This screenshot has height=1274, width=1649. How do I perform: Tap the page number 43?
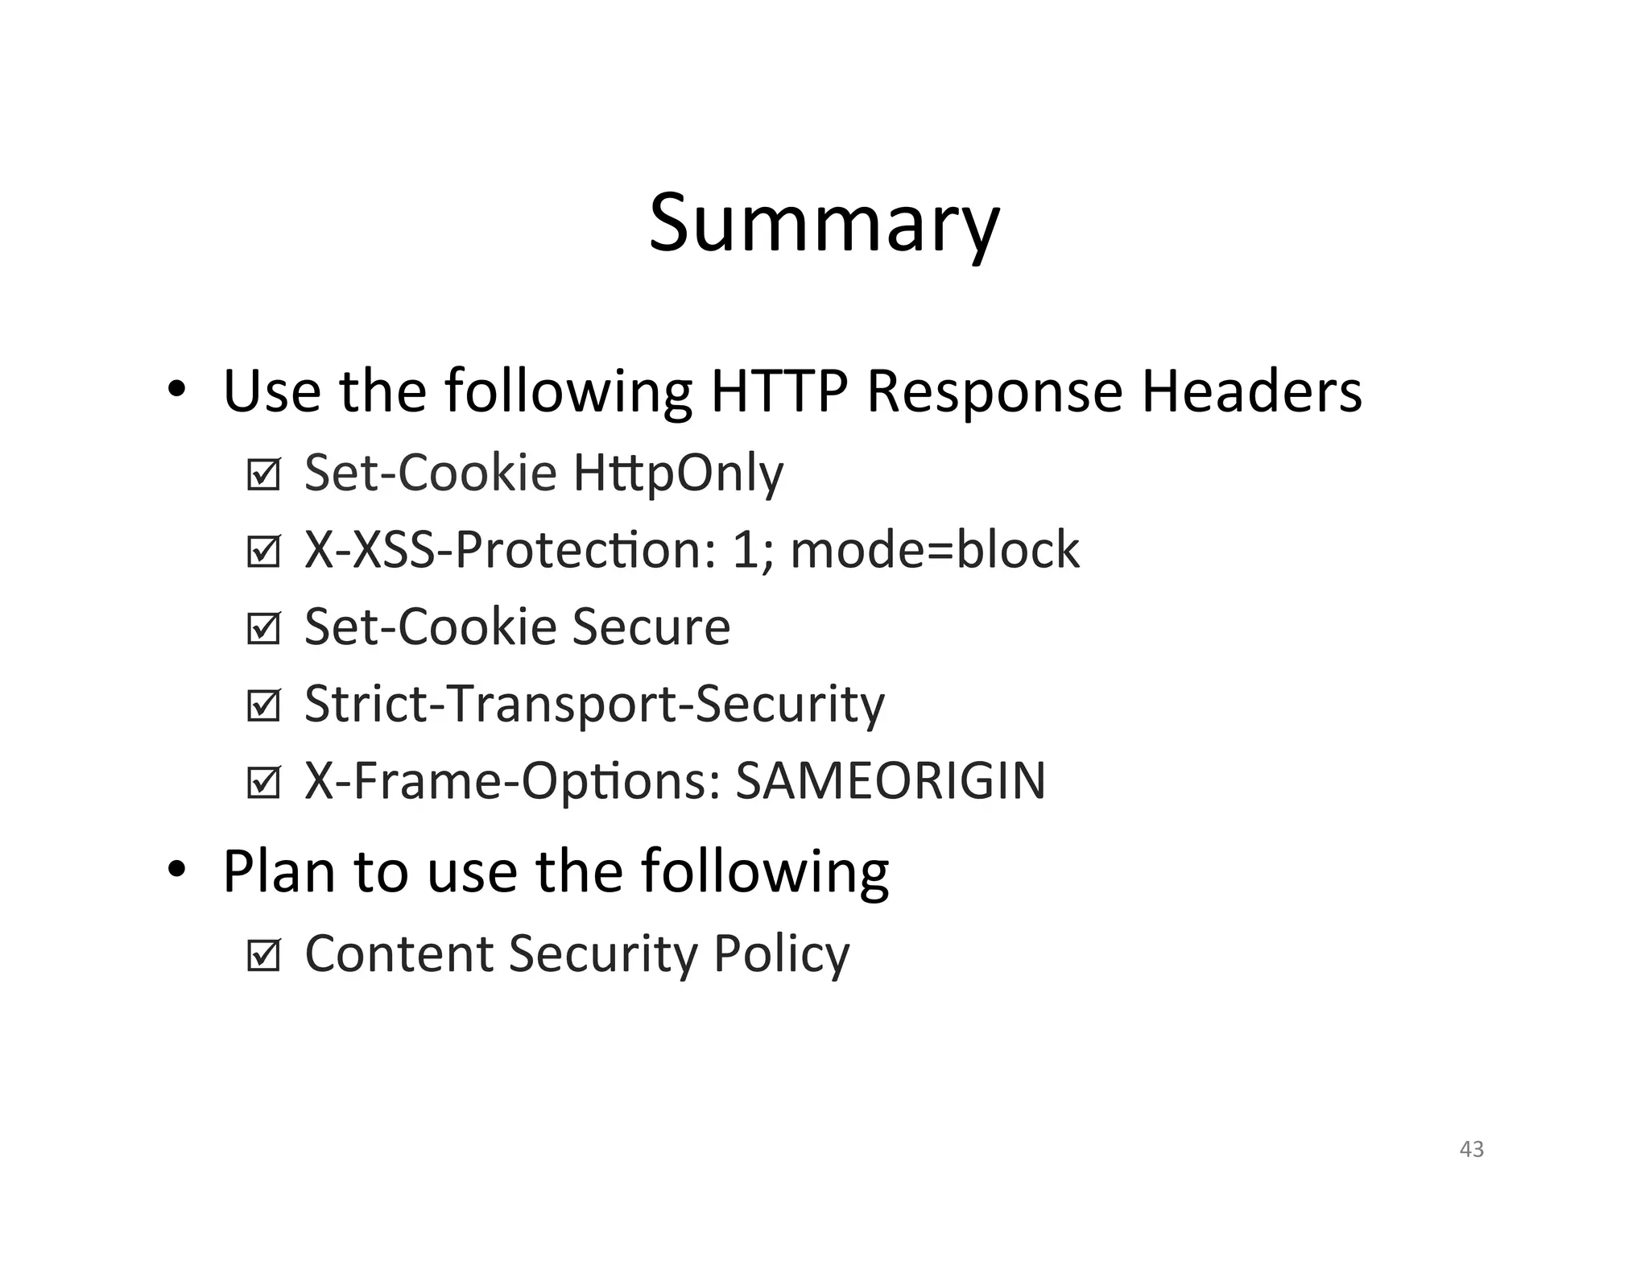(1471, 1149)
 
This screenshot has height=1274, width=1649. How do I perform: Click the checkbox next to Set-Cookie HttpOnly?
(263, 475)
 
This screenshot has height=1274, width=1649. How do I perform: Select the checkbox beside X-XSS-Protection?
(263, 552)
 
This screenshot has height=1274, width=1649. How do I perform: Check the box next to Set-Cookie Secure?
(263, 629)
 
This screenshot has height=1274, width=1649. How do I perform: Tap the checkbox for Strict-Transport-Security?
(263, 706)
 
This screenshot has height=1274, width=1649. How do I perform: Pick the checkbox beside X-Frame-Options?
(263, 783)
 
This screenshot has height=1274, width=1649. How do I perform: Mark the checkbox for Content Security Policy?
(263, 956)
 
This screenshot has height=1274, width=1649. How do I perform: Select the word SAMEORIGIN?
(891, 780)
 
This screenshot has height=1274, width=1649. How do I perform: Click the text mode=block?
(935, 550)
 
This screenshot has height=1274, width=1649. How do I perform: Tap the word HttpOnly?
(678, 474)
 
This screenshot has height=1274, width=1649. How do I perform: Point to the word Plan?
(279, 871)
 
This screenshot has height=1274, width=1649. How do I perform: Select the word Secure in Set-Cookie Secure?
(651, 627)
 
